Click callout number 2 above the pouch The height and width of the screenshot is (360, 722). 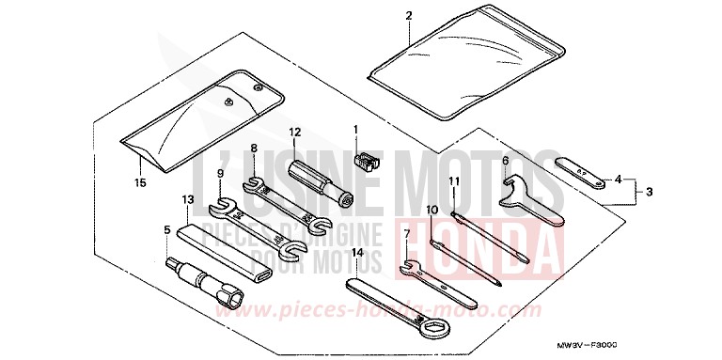point(408,14)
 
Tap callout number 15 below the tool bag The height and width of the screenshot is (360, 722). point(140,182)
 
